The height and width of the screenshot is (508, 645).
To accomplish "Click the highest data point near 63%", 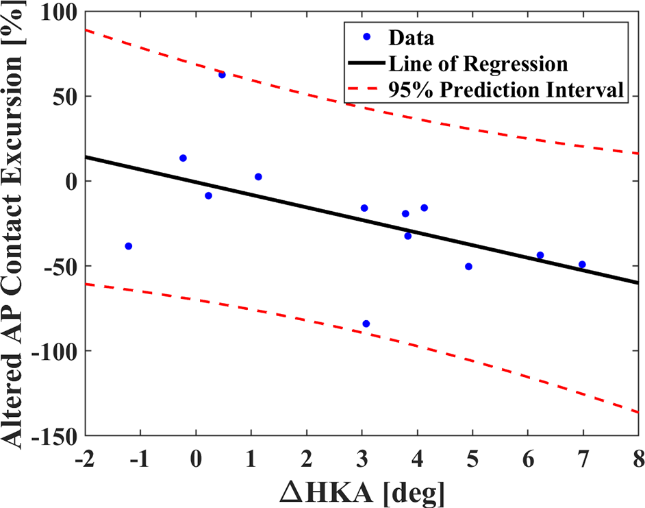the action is click(222, 75).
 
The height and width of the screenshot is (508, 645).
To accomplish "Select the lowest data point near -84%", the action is click(366, 324).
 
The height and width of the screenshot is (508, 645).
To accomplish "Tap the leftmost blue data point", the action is click(128, 246).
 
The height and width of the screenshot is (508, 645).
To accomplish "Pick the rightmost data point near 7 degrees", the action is click(582, 265).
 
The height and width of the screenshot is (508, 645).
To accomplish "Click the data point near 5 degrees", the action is click(468, 267).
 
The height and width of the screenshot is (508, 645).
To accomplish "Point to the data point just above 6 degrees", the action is click(540, 255).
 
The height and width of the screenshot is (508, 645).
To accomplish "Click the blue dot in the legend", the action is click(367, 37).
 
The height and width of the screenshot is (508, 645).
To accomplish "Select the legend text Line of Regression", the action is click(479, 64).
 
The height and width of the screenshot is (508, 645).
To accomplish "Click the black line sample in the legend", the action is click(366, 63).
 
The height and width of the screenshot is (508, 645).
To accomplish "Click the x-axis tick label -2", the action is click(85, 459).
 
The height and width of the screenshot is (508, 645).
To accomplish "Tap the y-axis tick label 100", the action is click(60, 12).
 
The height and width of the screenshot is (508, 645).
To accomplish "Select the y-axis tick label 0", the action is click(72, 181).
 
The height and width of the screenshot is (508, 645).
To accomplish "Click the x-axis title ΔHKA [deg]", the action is click(363, 492).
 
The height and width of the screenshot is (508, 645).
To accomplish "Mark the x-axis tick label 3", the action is click(362, 459).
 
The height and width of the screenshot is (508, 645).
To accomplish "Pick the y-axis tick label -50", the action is click(61, 267).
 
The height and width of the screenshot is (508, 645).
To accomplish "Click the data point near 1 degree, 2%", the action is click(258, 177).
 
